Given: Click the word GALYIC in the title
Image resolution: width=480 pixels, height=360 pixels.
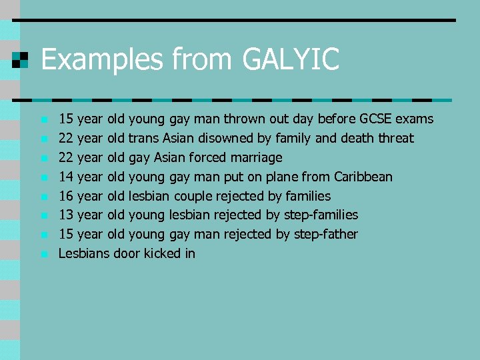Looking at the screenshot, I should tap(291, 59).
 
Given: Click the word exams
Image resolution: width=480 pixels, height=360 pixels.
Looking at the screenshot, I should tap(415, 119).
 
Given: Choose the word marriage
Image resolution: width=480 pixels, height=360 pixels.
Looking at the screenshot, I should tap(256, 158).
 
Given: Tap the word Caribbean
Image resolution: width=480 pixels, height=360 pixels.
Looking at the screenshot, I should tap(363, 177).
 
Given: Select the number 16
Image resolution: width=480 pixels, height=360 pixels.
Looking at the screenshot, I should tap(66, 196).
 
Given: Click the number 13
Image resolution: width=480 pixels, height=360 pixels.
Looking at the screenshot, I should tap(66, 215).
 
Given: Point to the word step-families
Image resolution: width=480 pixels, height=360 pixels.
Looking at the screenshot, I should tap(321, 215).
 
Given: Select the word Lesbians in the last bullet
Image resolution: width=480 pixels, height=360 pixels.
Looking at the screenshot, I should tap(84, 253).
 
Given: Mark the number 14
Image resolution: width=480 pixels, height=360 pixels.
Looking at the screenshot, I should tap(66, 177).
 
